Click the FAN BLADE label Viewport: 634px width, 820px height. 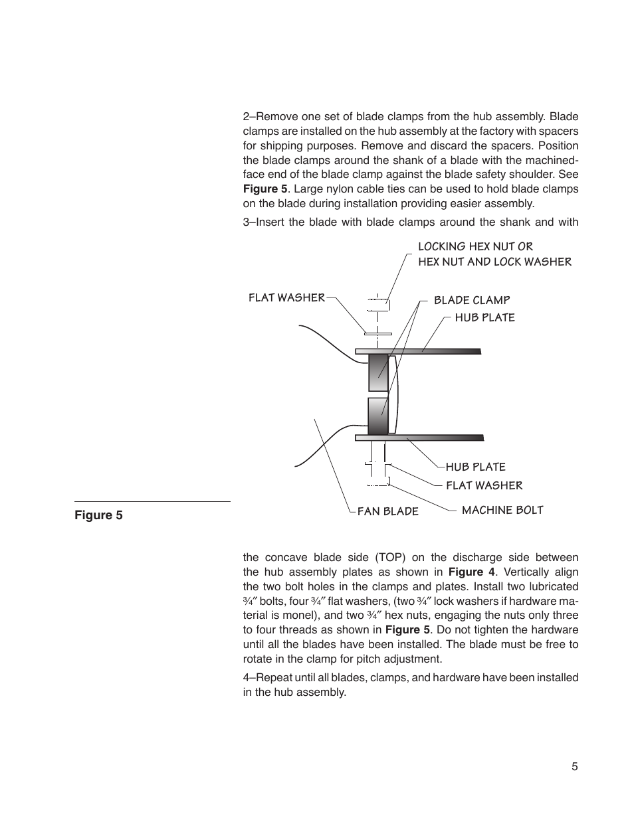point(388,511)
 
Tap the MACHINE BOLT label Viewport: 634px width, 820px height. point(502,510)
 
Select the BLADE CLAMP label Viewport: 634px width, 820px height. point(472,300)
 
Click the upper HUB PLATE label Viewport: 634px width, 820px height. point(484,317)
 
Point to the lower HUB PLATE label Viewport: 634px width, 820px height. point(475,467)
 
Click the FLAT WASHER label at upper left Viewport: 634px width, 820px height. point(286,297)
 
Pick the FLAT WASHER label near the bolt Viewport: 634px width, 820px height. point(484,485)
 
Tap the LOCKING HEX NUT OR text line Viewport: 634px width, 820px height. point(475,246)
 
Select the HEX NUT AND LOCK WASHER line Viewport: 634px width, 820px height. point(494,262)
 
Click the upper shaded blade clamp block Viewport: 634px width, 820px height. point(378,372)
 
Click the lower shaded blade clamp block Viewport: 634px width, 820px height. point(377,416)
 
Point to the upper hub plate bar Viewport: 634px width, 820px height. point(418,351)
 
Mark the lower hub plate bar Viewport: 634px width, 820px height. point(419,438)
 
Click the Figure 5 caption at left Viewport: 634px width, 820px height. point(98,515)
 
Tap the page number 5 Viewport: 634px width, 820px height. point(574,766)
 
